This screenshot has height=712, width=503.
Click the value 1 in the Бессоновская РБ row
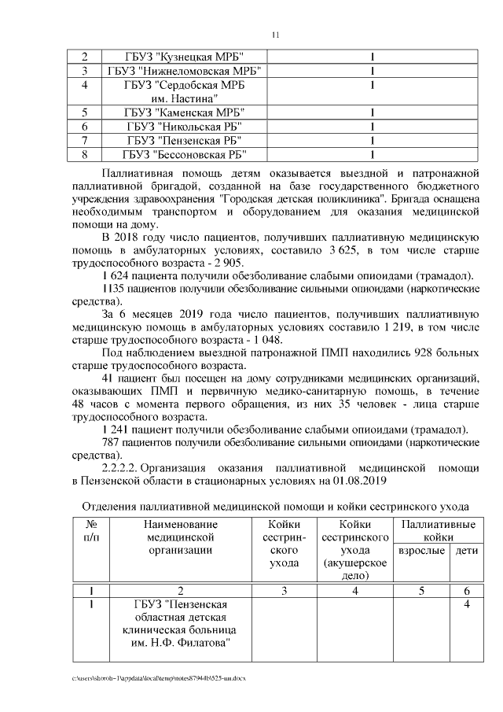371,154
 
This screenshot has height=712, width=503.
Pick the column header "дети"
466,551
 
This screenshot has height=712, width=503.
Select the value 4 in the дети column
466,604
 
